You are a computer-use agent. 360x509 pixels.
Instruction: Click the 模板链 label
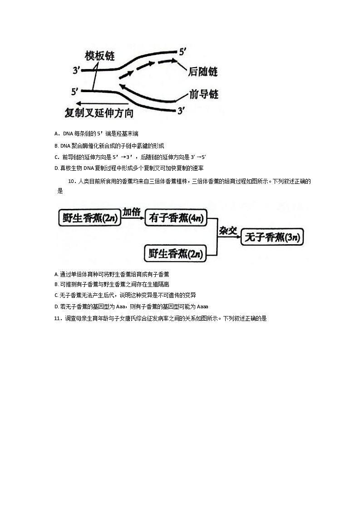coord(100,56)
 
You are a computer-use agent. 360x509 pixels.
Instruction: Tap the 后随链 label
coord(203,72)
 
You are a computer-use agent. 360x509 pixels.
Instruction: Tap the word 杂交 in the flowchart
coord(228,231)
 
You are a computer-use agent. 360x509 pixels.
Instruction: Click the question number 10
coord(71,182)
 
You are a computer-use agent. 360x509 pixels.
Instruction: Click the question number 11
coord(57,319)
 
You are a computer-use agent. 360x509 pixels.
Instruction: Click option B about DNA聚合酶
coord(109,146)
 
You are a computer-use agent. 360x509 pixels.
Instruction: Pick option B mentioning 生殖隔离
coord(114,285)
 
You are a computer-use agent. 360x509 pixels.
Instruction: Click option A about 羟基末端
coord(96,133)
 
